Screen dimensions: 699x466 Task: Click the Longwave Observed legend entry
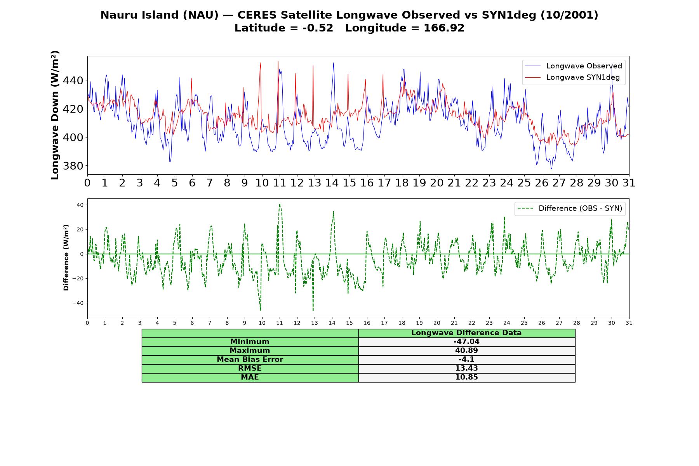tap(573, 66)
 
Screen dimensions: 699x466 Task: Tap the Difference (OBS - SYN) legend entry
tap(570, 209)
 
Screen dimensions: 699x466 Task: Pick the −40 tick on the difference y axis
tap(78, 303)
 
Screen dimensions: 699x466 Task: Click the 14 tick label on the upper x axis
tap(332, 183)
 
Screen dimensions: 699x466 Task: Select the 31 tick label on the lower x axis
tap(629, 323)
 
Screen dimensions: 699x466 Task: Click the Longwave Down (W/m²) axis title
tap(55, 115)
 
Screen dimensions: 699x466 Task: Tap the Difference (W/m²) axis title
tap(66, 257)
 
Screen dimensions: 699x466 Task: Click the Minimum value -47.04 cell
tap(466, 342)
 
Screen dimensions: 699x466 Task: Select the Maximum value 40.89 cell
tap(466, 351)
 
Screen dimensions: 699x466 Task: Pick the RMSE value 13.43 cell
tap(466, 369)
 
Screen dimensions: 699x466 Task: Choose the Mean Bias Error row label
tap(250, 360)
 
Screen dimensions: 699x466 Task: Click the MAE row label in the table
tap(250, 377)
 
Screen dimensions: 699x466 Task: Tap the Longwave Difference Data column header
tap(466, 333)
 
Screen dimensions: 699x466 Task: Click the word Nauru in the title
tap(115, 15)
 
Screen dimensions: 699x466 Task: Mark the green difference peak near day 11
tap(280, 205)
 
